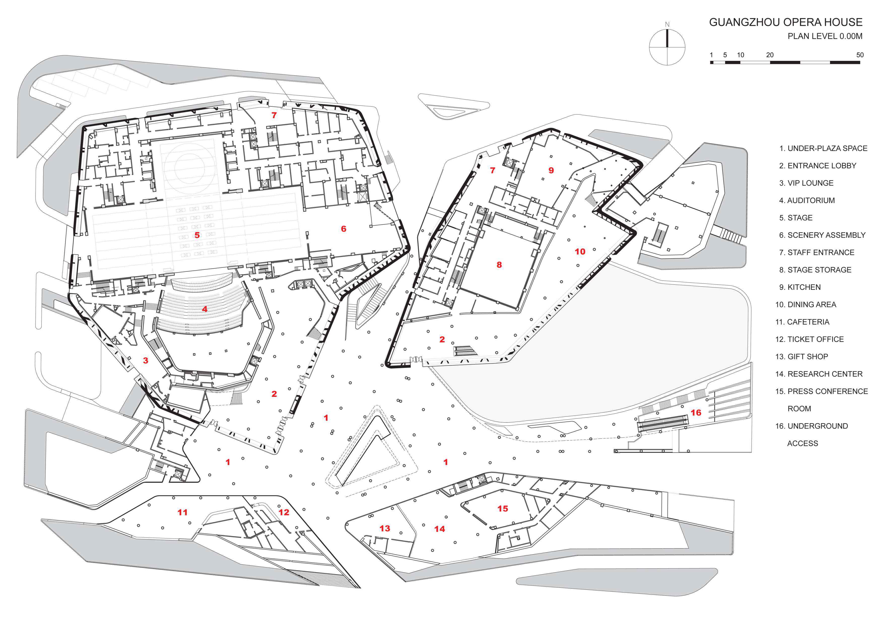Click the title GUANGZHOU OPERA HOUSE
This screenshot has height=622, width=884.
pyautogui.click(x=786, y=22)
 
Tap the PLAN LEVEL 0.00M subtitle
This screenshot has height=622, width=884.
pyautogui.click(x=825, y=36)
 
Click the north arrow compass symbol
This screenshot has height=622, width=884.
pyautogui.click(x=667, y=47)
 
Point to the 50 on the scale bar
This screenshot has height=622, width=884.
pyautogui.click(x=860, y=55)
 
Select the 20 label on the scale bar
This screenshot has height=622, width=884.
pyautogui.click(x=770, y=55)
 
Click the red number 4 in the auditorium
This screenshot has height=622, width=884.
pyautogui.click(x=205, y=309)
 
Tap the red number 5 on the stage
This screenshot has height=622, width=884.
pyautogui.click(x=197, y=235)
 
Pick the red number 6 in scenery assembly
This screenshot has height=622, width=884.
pyautogui.click(x=344, y=229)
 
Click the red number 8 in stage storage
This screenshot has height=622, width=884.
pyautogui.click(x=499, y=265)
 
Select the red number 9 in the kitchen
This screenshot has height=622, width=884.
pyautogui.click(x=551, y=170)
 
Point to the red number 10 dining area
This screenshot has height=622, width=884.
pyautogui.click(x=580, y=252)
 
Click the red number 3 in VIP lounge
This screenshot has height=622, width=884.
pyautogui.click(x=146, y=361)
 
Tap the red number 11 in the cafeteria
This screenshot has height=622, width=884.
pyautogui.click(x=183, y=512)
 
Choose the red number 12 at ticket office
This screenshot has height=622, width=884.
pyautogui.click(x=284, y=512)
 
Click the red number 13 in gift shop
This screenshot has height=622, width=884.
pyautogui.click(x=385, y=529)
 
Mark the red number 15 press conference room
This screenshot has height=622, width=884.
pyautogui.click(x=502, y=509)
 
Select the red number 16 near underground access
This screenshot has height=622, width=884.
pyautogui.click(x=696, y=413)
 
